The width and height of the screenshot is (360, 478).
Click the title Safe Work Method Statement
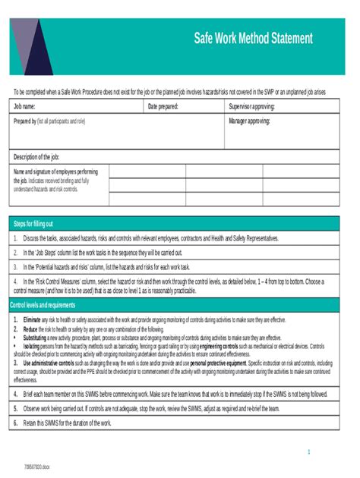(253, 38)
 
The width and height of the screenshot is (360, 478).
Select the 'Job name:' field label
(25, 107)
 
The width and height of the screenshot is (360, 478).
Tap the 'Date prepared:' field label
(163, 107)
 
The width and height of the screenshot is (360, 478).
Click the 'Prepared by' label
(24, 121)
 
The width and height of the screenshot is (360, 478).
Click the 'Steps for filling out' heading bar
(33, 224)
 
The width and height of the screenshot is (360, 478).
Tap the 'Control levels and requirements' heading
(43, 304)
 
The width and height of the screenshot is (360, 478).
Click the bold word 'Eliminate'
(32, 320)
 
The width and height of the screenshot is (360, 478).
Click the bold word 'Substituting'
(34, 338)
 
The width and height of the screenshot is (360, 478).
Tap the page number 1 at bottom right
(309, 452)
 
